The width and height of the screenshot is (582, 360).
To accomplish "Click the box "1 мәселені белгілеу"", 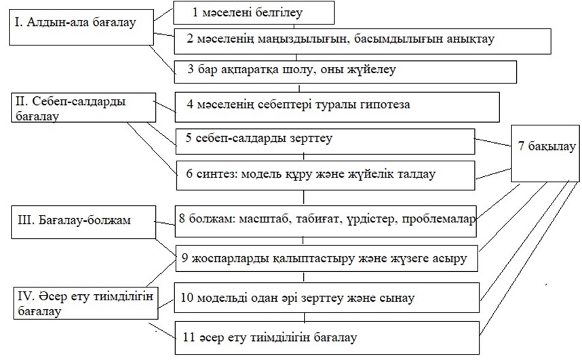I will pyautogui.click(x=254, y=12).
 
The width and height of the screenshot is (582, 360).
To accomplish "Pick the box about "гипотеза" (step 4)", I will pyautogui.click(x=336, y=106).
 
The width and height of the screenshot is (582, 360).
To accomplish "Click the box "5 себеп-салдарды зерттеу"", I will pyautogui.click(x=324, y=140).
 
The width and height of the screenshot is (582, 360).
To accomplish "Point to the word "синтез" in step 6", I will pyautogui.click(x=214, y=174).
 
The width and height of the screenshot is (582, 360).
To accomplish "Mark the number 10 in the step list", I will pyautogui.click(x=189, y=298).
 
